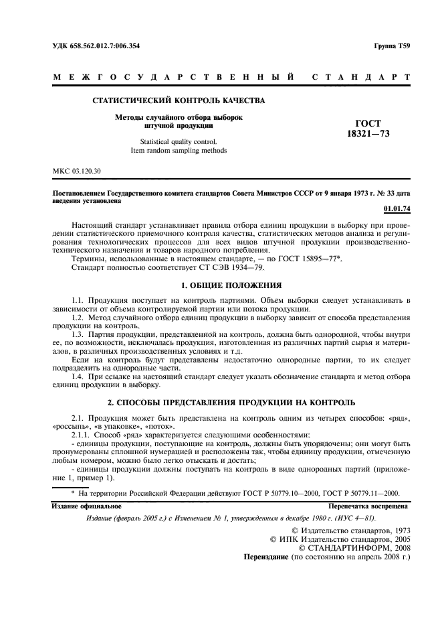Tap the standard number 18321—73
(x=368, y=134)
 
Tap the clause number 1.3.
(x=78, y=333)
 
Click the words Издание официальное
(x=84, y=506)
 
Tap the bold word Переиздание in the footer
(x=269, y=556)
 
